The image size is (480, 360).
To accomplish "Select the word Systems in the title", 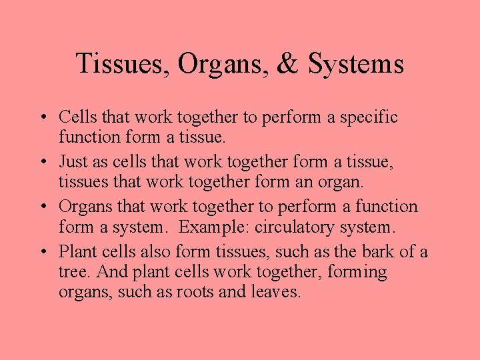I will [355, 64].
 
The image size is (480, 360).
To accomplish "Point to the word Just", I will [73, 162].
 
